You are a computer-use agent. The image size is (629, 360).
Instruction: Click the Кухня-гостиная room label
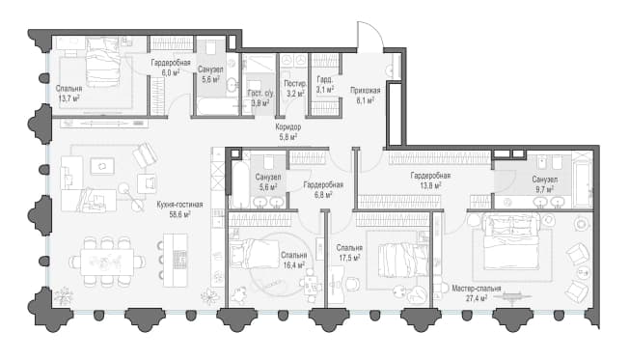click(x=179, y=205)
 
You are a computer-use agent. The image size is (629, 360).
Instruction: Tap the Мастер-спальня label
click(x=477, y=289)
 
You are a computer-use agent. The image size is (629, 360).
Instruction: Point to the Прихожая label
click(x=365, y=91)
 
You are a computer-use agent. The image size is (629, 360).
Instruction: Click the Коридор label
click(x=288, y=127)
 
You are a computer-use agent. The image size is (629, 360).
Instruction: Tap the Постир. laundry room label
click(x=295, y=84)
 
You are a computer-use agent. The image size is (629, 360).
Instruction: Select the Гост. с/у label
click(x=260, y=93)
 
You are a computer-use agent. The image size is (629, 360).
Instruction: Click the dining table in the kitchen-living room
click(x=107, y=262)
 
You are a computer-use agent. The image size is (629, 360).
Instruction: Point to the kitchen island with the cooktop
click(x=175, y=260)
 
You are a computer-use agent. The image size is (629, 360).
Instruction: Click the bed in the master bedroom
click(x=511, y=242)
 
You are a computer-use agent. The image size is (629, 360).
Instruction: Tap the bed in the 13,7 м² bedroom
click(x=102, y=62)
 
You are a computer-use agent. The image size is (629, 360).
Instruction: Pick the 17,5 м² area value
click(x=349, y=258)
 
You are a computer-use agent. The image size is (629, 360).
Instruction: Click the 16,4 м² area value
click(x=294, y=264)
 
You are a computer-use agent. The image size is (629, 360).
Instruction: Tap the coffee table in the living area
click(x=102, y=166)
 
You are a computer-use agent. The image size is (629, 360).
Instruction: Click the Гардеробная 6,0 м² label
click(x=171, y=68)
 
